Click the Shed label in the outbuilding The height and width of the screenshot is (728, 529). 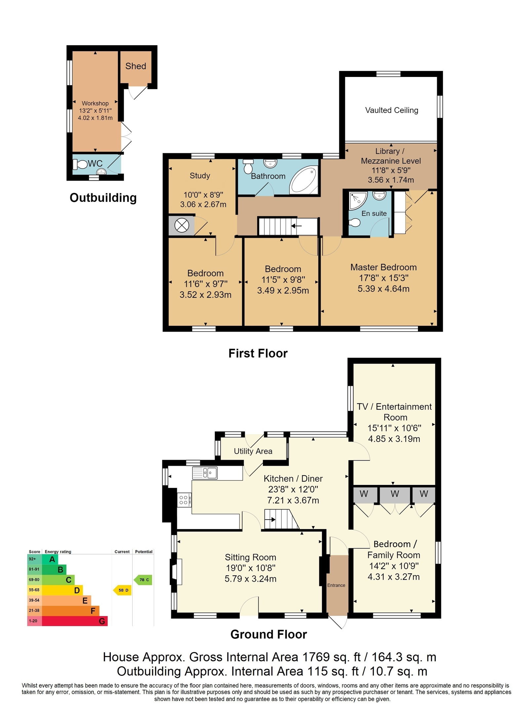tap(136, 66)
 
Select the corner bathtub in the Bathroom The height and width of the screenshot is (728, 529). tap(304, 180)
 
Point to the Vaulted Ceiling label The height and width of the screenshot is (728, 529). tap(391, 110)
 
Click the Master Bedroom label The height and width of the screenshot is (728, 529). tap(384, 267)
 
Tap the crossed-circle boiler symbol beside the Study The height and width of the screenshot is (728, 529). tap(182, 226)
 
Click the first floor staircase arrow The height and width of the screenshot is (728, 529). tap(296, 226)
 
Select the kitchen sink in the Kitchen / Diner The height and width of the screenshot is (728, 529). tap(205, 473)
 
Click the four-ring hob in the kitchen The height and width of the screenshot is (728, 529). tap(184, 500)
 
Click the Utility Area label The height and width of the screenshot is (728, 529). tap(253, 451)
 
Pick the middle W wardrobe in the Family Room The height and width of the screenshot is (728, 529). tap(395, 494)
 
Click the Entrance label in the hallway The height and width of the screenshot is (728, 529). tap(336, 585)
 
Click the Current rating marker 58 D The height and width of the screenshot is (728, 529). tap(123, 590)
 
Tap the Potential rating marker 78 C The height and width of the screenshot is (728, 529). tap(143, 580)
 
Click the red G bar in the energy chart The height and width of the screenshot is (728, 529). tap(75, 621)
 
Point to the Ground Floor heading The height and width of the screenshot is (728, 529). tap(268, 634)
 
